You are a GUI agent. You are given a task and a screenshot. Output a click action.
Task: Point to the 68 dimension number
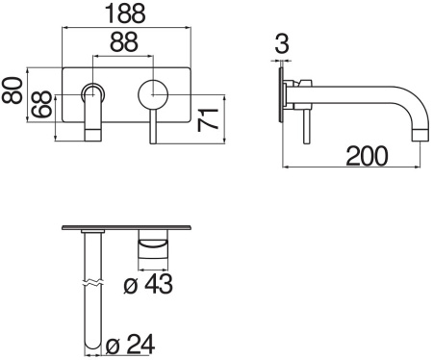pos(41,104)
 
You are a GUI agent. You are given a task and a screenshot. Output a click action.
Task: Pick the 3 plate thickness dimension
pos(280,42)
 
